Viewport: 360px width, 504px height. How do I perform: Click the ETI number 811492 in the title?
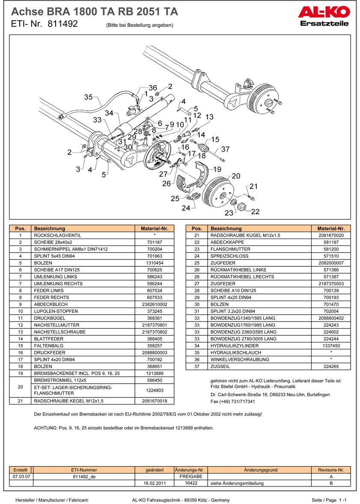[62, 24]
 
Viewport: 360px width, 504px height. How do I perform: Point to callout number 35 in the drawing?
[88, 97]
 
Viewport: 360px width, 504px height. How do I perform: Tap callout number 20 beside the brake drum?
[236, 176]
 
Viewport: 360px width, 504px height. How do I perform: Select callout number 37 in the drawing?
[226, 149]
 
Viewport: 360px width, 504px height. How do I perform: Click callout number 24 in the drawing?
[185, 208]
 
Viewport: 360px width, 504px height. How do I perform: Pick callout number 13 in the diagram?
[209, 117]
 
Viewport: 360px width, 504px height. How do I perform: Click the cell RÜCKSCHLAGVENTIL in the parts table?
[57, 236]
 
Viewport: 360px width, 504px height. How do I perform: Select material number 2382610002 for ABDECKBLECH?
[154, 304]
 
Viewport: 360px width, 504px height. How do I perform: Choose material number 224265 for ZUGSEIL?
[331, 366]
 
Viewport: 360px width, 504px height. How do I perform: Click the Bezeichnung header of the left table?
[50, 229]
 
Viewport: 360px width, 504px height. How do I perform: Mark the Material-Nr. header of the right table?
[331, 229]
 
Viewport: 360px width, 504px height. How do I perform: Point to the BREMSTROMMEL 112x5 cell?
[60, 380]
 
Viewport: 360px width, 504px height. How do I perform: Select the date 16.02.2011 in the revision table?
[155, 483]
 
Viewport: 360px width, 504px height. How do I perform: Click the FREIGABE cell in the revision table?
[190, 476]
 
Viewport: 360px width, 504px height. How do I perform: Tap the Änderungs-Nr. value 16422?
[190, 483]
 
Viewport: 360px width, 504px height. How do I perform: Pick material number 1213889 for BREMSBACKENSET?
[154, 373]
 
